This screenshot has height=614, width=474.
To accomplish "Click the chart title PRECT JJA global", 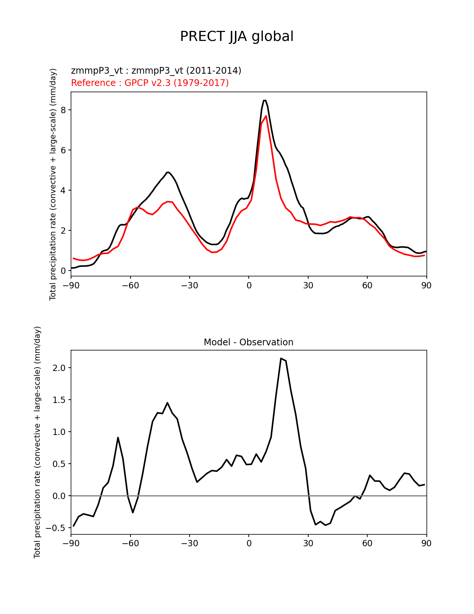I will pos(237,36).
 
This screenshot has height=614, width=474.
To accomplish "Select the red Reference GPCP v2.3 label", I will pos(150,83).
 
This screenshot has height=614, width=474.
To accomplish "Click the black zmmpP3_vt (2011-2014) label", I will pos(156,70).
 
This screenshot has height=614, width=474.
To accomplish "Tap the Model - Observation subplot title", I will pos(248,342).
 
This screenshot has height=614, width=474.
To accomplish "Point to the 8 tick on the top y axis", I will pos(63,110).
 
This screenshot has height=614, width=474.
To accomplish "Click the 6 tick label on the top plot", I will pos(63,150).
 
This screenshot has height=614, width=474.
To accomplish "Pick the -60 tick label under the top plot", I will pos(130,285).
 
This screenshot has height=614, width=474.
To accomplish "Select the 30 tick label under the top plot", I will pos(308,285).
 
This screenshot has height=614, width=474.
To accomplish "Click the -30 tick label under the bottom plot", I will pos(189,543).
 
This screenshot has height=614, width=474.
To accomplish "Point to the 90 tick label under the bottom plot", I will pos(426,543).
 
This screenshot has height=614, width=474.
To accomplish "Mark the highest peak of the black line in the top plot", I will pos(264,100).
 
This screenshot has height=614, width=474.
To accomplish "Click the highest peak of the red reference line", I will pos(266,116).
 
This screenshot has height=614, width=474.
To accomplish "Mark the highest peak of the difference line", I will pos(281,358).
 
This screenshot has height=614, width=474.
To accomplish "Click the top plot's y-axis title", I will pos(53,184).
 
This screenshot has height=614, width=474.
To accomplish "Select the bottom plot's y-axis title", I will pos(37,442).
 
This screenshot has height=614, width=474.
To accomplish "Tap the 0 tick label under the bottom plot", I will pos(249,543).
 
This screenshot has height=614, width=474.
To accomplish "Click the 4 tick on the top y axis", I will pos(63,191).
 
